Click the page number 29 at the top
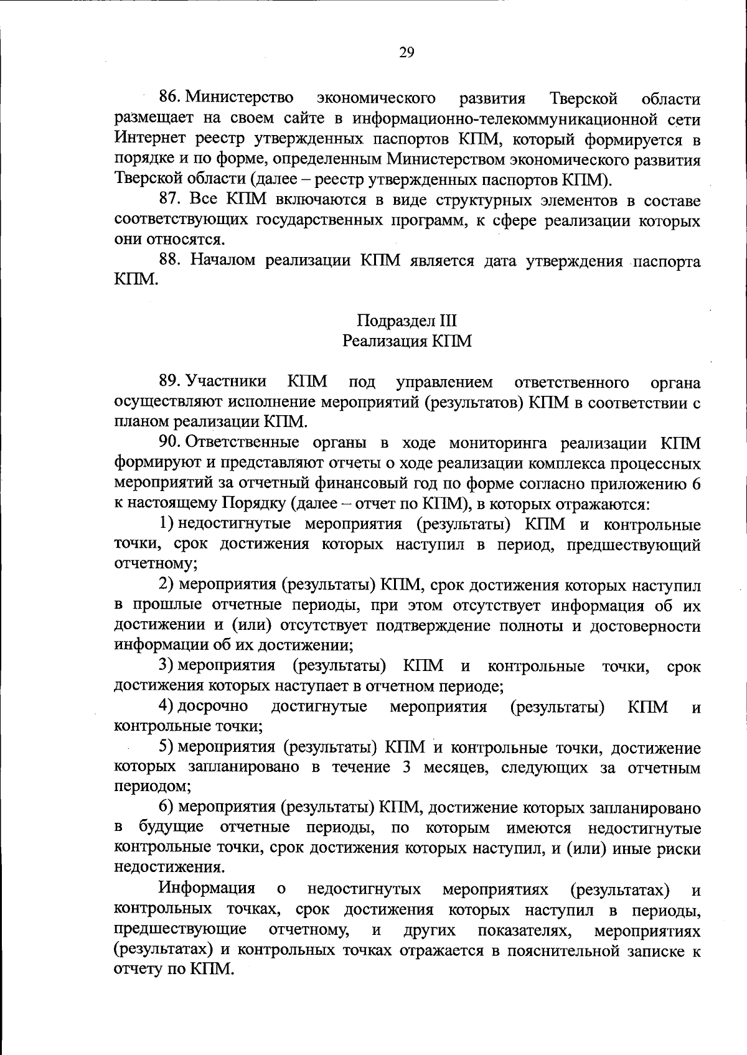tap(406, 52)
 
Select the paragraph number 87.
tap(171, 200)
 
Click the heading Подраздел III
tap(406, 321)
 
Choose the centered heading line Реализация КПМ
tap(406, 341)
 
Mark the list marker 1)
tap(166, 524)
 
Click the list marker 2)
tap(166, 585)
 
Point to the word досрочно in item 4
tap(214, 707)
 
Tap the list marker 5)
tap(166, 748)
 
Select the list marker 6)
tap(166, 809)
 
